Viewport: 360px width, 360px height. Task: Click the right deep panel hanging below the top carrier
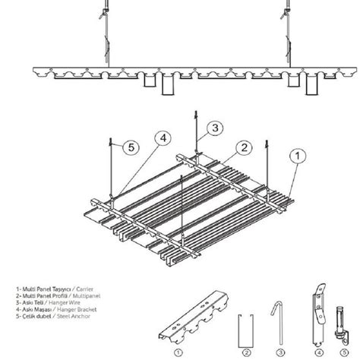[x=311, y=87]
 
